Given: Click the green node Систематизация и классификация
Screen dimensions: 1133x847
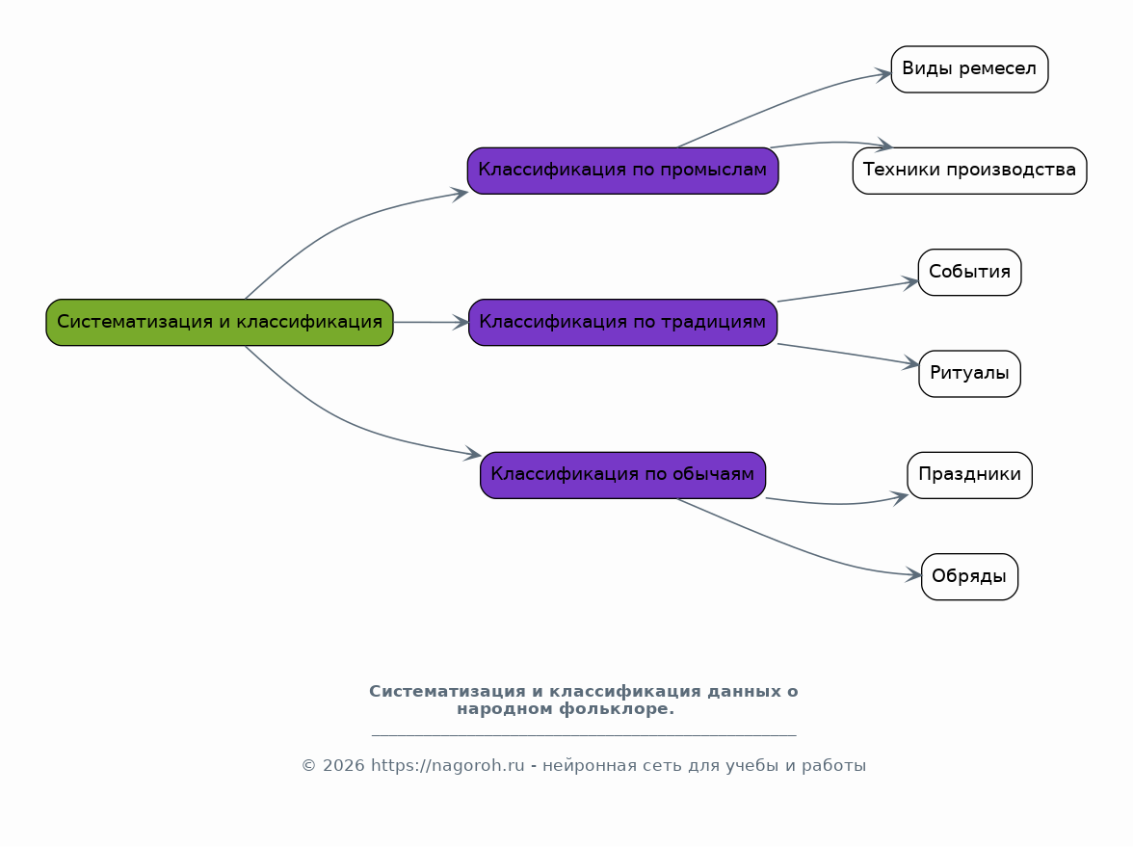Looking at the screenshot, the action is (x=220, y=322).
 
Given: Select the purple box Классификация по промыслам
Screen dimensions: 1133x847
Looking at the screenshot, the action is (x=622, y=171).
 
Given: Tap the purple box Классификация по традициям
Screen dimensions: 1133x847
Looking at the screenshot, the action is (x=622, y=322).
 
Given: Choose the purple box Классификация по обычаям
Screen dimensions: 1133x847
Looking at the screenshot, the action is (x=622, y=475).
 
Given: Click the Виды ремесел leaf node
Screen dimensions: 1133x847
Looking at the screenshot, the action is (x=969, y=69).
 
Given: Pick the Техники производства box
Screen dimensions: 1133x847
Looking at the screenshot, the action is (x=969, y=171).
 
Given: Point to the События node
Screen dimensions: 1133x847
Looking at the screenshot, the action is (x=969, y=273).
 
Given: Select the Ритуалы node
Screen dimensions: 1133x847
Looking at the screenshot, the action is (x=969, y=374).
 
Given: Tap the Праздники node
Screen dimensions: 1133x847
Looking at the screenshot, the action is (x=969, y=475).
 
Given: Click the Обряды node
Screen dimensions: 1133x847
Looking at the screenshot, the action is (x=969, y=576).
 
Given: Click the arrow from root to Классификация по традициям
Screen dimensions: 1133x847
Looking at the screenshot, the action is (x=432, y=322).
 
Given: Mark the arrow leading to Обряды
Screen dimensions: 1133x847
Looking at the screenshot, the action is (x=795, y=547).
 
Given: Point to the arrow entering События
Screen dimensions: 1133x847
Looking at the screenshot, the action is (x=848, y=291).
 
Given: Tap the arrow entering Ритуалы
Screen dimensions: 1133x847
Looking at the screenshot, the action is (x=848, y=355).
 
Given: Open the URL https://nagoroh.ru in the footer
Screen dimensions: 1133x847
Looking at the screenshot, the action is (x=447, y=765).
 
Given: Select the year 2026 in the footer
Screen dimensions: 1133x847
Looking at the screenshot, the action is (x=343, y=765).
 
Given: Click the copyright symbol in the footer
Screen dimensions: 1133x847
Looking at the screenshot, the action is (x=308, y=765).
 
